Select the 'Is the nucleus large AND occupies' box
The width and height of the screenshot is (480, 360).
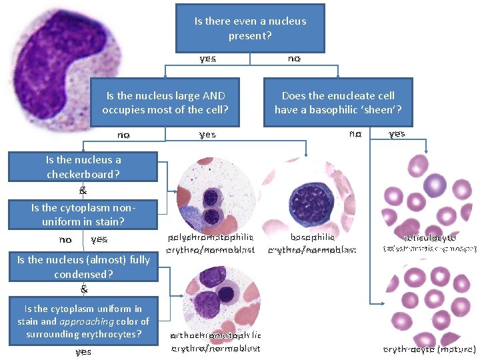coord(165,102)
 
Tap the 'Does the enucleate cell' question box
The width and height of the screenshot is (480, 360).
coord(338,102)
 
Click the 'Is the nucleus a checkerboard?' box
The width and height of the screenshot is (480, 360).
coord(83,167)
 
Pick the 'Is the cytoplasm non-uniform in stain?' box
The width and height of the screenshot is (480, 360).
coord(83,214)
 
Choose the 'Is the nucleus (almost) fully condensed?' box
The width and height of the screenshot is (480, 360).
coord(83,267)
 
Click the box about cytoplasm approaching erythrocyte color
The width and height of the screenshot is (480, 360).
coord(83,321)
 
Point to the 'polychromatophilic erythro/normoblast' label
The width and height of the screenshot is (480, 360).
coord(212,243)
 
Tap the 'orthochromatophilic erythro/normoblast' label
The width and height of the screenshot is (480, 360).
coord(215,341)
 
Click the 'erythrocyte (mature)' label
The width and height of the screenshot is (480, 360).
coord(429,349)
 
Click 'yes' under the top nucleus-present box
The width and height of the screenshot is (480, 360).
coord(208,59)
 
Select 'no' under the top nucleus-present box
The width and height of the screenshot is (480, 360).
coord(294,59)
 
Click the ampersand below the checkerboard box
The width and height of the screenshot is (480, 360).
coord(83,190)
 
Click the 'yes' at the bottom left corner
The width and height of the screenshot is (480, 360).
coord(83,351)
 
